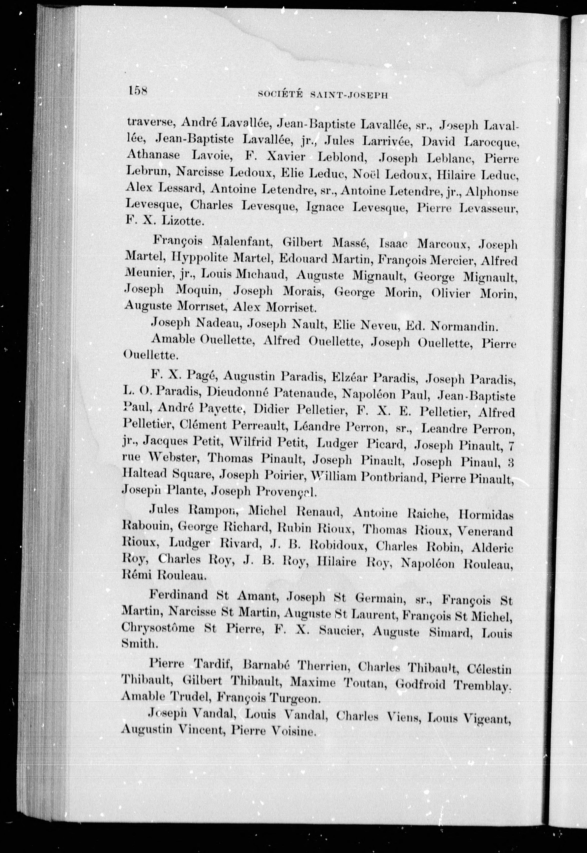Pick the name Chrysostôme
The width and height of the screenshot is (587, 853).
point(158,627)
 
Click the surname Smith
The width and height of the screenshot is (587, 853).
point(140,643)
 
